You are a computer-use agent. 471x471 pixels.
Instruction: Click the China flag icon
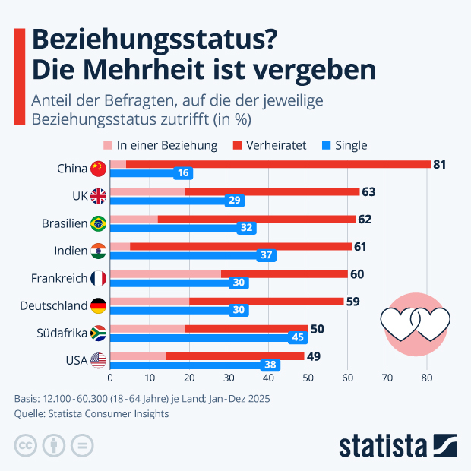(97, 169)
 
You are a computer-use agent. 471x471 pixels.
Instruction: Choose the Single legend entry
(343, 145)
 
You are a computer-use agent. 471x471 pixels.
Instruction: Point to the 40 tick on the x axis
(268, 377)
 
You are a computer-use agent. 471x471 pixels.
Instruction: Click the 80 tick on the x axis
(426, 377)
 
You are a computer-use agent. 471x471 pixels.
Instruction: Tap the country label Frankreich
(59, 278)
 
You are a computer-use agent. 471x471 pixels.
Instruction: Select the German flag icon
(97, 305)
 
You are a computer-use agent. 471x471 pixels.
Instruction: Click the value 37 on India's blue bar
(267, 255)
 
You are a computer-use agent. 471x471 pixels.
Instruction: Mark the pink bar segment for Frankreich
(166, 273)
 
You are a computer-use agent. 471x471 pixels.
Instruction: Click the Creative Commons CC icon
(26, 444)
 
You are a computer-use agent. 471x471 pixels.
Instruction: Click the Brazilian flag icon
(97, 223)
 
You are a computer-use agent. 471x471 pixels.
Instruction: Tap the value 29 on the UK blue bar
(235, 201)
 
